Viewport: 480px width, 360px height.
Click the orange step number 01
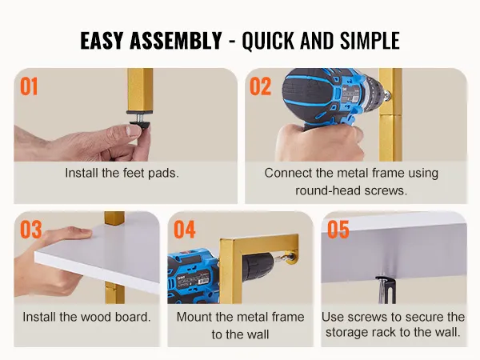click(29, 86)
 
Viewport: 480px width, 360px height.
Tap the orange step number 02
click(261, 86)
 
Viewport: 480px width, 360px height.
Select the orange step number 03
click(31, 230)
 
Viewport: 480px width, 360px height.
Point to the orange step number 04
click(185, 230)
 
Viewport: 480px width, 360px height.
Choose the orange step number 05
click(338, 230)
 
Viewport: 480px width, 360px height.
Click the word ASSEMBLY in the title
click(176, 41)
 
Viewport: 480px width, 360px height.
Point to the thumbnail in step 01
click(134, 130)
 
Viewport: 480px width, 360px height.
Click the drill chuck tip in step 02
click(388, 95)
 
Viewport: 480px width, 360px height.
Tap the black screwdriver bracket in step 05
click(386, 288)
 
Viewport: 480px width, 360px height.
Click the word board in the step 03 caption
click(133, 317)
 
